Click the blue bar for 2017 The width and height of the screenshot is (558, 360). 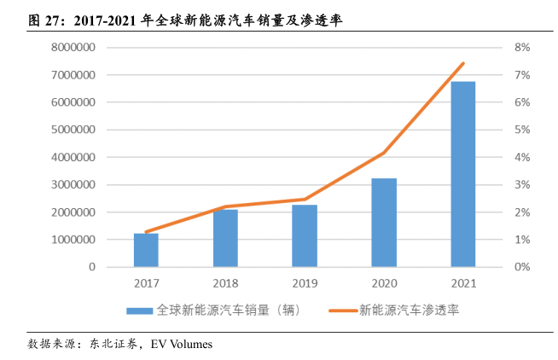tap(146, 250)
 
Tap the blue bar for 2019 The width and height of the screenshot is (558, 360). tap(305, 235)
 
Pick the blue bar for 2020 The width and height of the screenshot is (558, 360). tap(384, 223)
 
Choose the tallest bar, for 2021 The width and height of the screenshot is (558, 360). tap(463, 174)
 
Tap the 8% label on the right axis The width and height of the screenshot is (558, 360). tap(522, 48)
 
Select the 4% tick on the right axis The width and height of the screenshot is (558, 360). tap(522, 157)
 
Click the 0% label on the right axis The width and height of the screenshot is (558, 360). tap(522, 267)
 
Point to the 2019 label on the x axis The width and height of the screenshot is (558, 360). tap(305, 283)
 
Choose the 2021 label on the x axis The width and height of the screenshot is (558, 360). tap(463, 283)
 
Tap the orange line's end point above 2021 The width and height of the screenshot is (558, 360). tap(463, 63)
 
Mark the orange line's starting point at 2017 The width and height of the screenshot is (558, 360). tap(146, 232)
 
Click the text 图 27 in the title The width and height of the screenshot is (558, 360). tap(46, 18)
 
